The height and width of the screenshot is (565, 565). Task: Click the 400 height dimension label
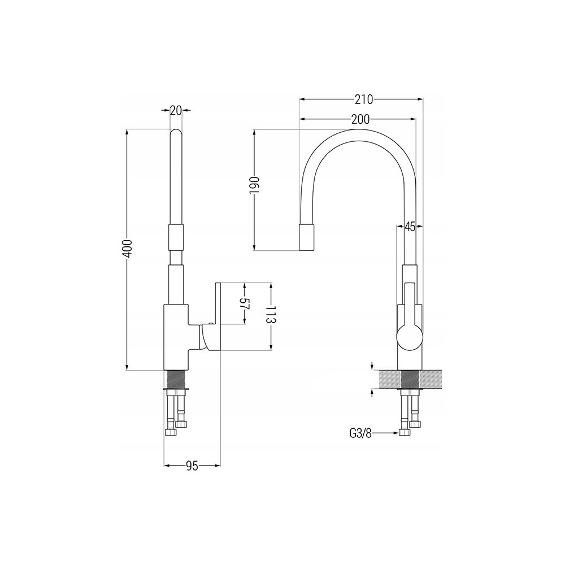point(128,248)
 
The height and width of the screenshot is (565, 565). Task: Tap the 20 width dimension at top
point(176,111)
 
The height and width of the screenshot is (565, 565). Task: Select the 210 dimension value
point(363,99)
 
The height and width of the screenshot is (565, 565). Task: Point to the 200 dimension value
point(360,119)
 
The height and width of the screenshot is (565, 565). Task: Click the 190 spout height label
point(254,185)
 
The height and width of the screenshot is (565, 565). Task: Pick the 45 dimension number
point(410,227)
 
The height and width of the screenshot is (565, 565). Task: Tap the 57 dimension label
point(245,304)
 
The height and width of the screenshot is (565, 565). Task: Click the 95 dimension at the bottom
point(192,466)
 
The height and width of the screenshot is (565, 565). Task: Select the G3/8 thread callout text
point(360,433)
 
